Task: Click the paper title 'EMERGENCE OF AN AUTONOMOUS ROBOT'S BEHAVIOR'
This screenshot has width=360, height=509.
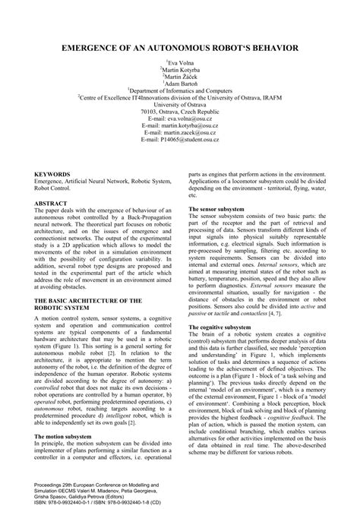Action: point(180,47)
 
